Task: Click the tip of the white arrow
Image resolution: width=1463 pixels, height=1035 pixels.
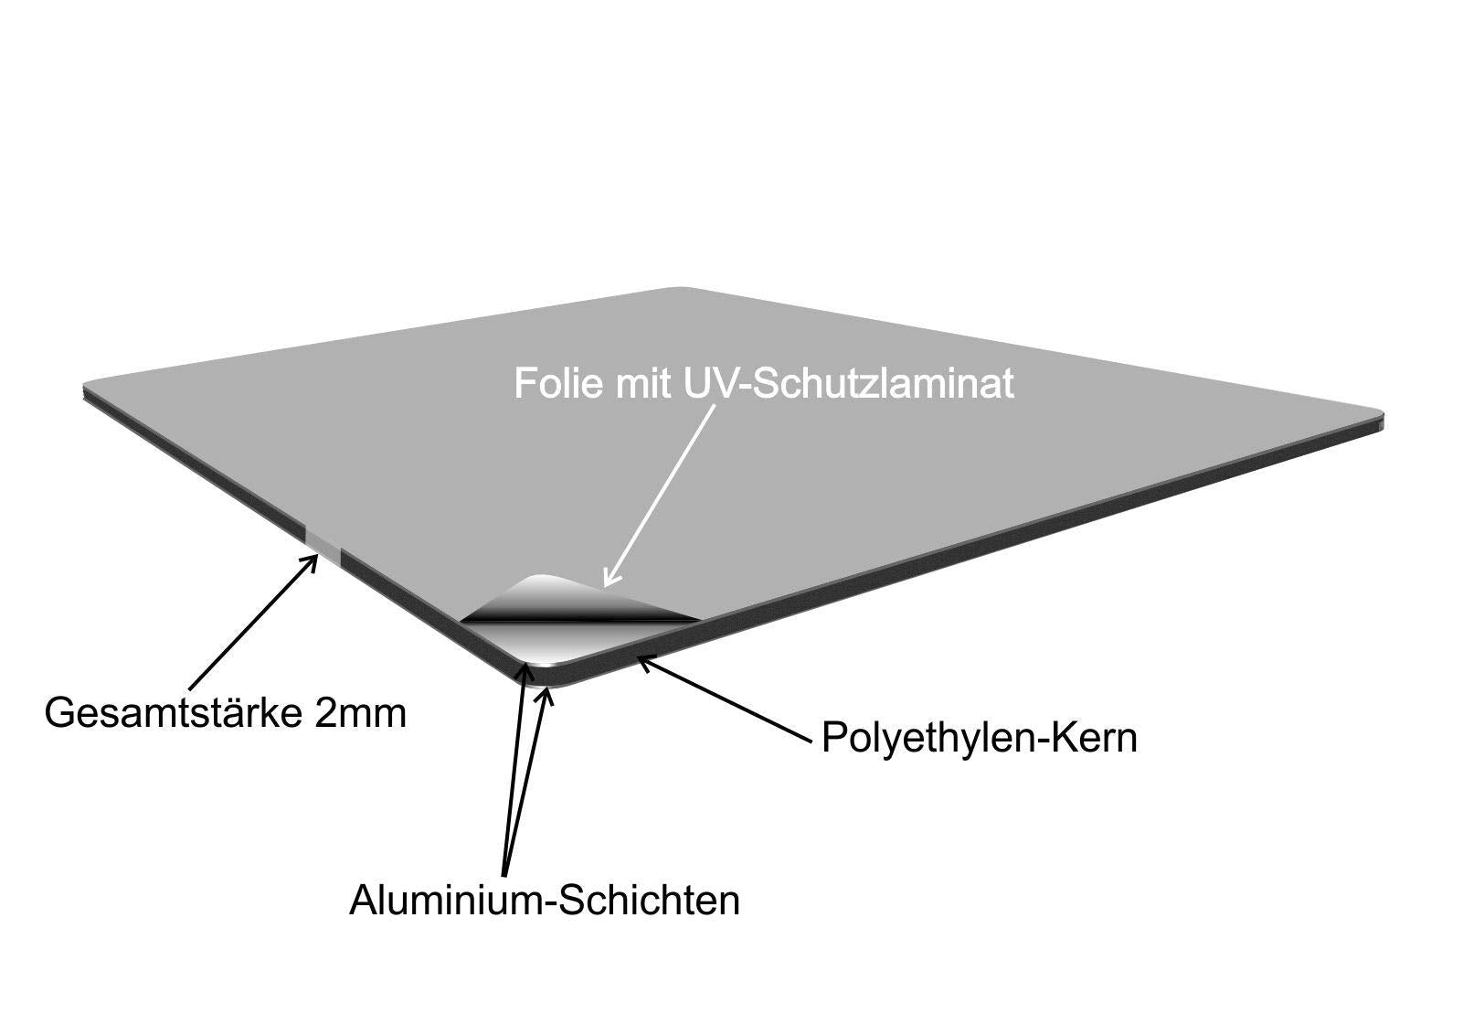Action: (x=606, y=586)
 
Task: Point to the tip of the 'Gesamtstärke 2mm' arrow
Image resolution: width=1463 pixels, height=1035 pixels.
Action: (x=317, y=555)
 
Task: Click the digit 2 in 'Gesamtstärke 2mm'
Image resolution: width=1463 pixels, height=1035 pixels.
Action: (x=326, y=713)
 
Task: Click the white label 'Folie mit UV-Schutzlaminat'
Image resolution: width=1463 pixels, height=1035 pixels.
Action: (x=764, y=383)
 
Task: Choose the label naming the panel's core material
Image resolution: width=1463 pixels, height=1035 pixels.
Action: (x=979, y=738)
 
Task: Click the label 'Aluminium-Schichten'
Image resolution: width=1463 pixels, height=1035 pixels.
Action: (x=545, y=901)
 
